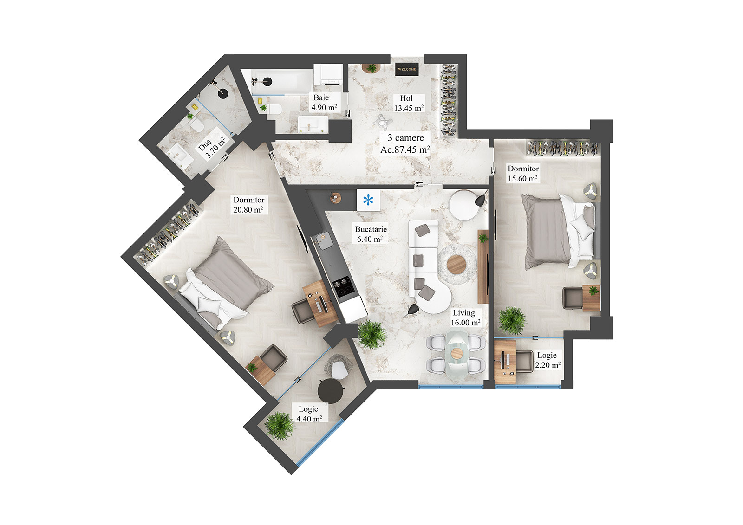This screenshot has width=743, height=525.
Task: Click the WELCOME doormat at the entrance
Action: pyautogui.click(x=407, y=69)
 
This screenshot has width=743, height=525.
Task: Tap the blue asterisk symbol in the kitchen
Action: pyautogui.click(x=368, y=201)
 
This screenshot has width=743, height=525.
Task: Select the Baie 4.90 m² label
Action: pyautogui.click(x=324, y=103)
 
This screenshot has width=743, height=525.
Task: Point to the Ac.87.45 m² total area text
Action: pyautogui.click(x=405, y=150)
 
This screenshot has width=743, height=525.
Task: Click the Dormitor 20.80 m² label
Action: pyautogui.click(x=248, y=205)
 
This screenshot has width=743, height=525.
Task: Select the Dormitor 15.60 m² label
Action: pyautogui.click(x=523, y=174)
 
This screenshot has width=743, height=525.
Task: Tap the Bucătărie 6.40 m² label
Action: pyautogui.click(x=370, y=234)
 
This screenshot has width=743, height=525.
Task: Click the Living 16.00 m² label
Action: pyautogui.click(x=465, y=318)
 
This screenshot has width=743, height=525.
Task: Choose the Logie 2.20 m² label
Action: pyautogui.click(x=547, y=360)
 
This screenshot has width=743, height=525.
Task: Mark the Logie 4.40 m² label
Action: pyautogui.click(x=309, y=414)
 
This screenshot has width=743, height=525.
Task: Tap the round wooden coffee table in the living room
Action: pyautogui.click(x=456, y=265)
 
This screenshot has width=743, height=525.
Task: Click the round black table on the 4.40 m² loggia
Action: pyautogui.click(x=331, y=390)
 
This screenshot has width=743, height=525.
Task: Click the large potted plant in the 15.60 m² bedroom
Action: pyautogui.click(x=512, y=320)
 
